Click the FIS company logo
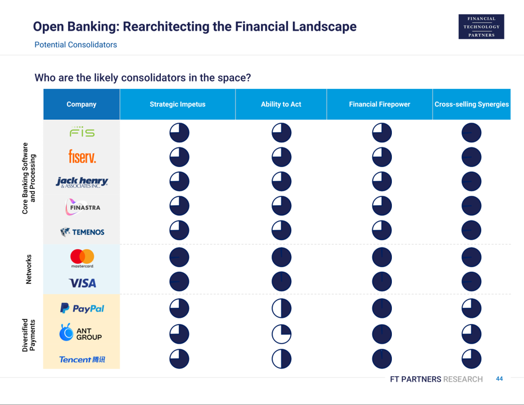point(82,132)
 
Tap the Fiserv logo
point(82,156)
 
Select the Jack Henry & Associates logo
point(82,182)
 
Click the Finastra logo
point(83,207)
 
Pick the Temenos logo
point(82,232)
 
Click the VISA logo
point(82,283)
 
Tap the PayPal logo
point(82,308)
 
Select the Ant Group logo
point(80,332)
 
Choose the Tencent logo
point(82,359)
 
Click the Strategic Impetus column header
point(178,104)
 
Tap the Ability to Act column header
point(281,104)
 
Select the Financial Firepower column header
point(380,104)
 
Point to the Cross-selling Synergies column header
point(472,104)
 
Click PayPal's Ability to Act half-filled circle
point(281,308)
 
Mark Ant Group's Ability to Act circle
point(281,334)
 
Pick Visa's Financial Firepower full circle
point(382,282)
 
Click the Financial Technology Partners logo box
point(481,27)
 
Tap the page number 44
point(499,379)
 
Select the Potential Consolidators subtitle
point(76,45)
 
